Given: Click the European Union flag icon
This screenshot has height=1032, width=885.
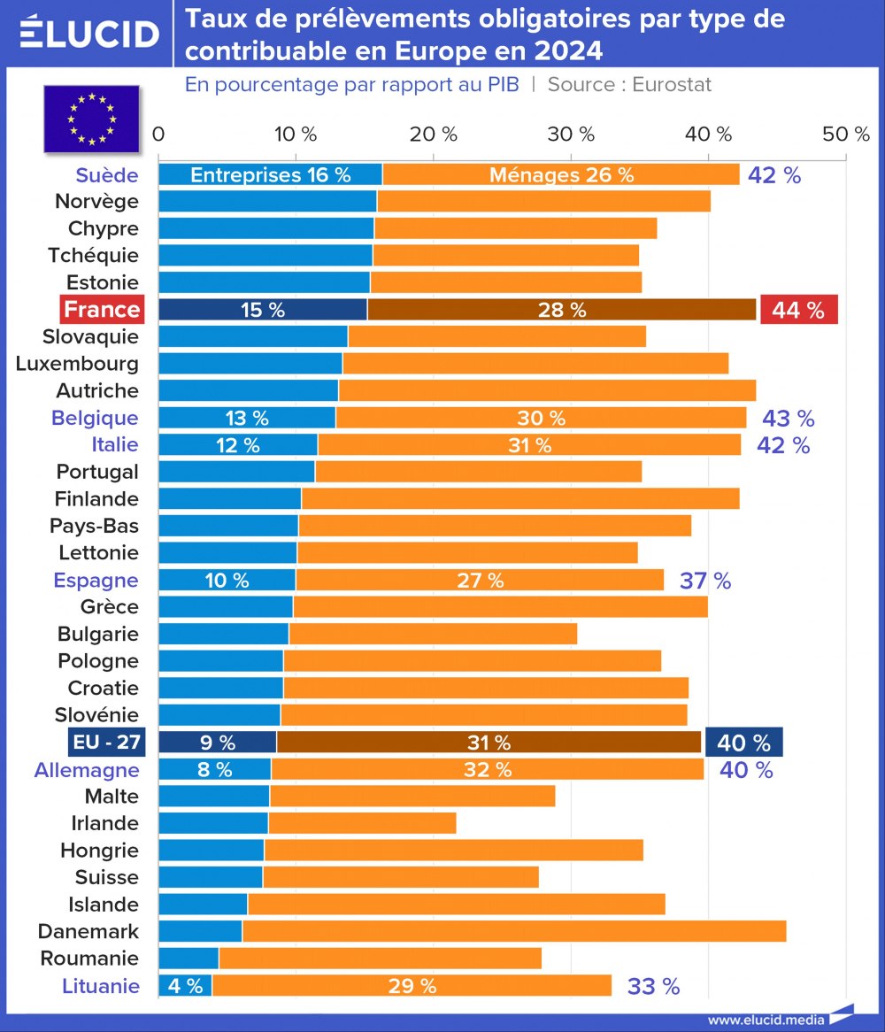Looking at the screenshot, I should (91, 118).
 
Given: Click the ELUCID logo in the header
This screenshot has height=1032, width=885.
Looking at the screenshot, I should (88, 33).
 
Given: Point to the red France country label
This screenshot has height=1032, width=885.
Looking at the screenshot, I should (102, 310).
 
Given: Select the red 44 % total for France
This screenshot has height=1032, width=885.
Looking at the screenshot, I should (798, 310).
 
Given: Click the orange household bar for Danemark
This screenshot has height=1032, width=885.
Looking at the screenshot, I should (513, 931).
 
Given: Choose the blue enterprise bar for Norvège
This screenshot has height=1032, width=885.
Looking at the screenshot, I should (267, 201).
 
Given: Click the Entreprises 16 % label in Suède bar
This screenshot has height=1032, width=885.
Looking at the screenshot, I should (271, 175).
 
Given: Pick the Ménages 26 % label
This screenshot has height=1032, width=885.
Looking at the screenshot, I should (562, 175).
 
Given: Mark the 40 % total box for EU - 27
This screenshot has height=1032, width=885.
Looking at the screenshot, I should (743, 743).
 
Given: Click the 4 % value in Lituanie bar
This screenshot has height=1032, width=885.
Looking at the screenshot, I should (185, 986).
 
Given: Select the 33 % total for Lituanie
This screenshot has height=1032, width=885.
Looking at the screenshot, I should (653, 986).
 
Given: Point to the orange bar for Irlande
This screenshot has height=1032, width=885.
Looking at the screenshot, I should (362, 823).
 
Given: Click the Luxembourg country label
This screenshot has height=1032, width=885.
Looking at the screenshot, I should (77, 364).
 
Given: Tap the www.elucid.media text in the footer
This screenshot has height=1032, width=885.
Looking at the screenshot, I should (766, 1020).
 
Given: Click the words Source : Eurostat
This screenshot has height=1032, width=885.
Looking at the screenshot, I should (629, 85).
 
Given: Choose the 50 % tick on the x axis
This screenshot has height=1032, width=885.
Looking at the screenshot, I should (846, 135).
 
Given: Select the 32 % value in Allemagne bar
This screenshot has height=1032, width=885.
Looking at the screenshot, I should (488, 770).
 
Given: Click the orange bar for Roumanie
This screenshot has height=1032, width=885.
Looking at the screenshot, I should (380, 959).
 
